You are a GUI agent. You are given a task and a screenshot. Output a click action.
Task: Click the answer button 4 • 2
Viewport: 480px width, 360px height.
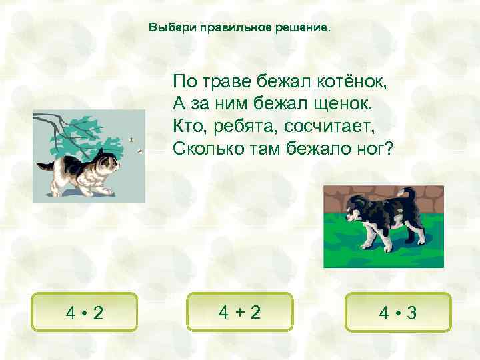click(x=85, y=312)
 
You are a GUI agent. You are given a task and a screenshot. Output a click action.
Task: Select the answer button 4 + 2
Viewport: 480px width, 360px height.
click(x=240, y=311)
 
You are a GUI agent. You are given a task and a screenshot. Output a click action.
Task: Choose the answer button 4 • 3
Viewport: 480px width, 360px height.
click(x=398, y=312)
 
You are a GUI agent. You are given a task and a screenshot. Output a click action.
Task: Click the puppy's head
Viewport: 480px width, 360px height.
click(x=354, y=207)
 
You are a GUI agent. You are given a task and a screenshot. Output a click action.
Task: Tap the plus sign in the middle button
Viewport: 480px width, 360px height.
click(x=240, y=311)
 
